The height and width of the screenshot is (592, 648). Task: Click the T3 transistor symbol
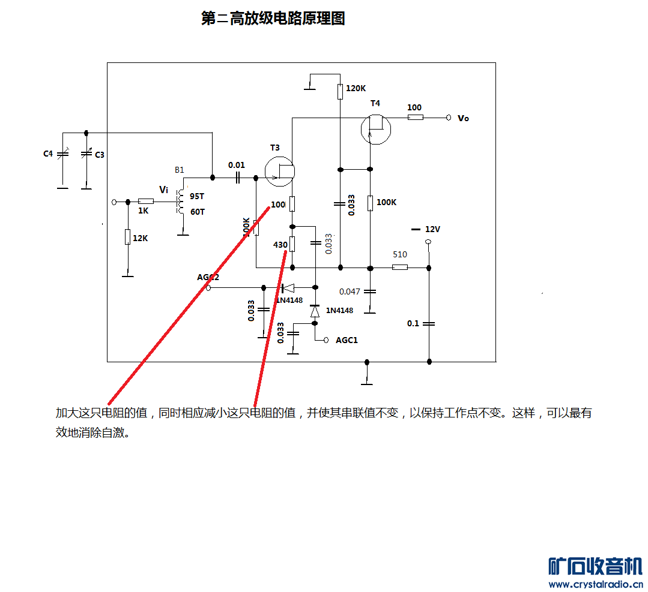tap(280, 172)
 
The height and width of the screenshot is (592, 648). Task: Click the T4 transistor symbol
tap(375, 130)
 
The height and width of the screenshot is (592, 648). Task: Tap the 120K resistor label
tap(356, 88)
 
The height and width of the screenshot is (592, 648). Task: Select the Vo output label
tap(463, 118)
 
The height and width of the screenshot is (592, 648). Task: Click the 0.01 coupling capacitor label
tap(237, 165)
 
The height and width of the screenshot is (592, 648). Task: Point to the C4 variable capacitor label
tap(48, 154)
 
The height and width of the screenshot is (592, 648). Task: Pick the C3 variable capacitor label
tap(100, 155)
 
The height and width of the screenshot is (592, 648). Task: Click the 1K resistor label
tap(143, 211)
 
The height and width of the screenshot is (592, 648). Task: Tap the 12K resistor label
tap(140, 238)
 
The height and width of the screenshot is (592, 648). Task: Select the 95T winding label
tap(197, 196)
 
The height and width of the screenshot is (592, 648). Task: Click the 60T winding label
tap(198, 212)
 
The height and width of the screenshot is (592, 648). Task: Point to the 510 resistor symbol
tap(400, 268)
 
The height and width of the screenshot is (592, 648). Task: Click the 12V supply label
tap(432, 229)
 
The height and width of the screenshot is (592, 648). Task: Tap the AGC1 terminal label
tap(347, 340)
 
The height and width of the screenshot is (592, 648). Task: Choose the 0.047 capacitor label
tap(350, 292)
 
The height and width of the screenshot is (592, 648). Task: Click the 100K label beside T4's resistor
tap(386, 202)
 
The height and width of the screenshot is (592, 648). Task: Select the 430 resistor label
tap(280, 245)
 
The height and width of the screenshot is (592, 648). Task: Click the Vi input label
tap(163, 190)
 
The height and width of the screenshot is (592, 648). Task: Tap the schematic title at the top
tap(273, 19)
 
